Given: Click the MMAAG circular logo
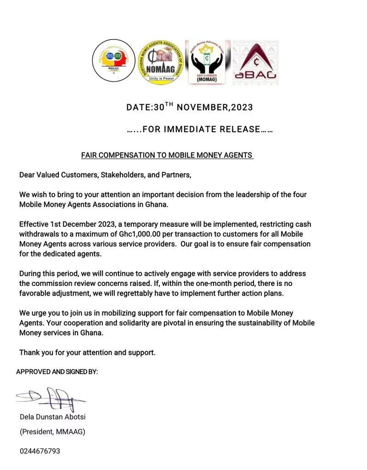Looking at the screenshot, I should (113, 61).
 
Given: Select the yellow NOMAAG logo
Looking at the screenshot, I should (161, 62).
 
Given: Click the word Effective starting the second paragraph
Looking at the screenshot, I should (34, 224).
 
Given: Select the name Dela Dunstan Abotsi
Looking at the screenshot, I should (52, 417).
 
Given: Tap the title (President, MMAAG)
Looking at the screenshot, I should (52, 432).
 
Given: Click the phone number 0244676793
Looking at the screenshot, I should (40, 451).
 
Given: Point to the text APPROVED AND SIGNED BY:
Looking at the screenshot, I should (57, 372).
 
